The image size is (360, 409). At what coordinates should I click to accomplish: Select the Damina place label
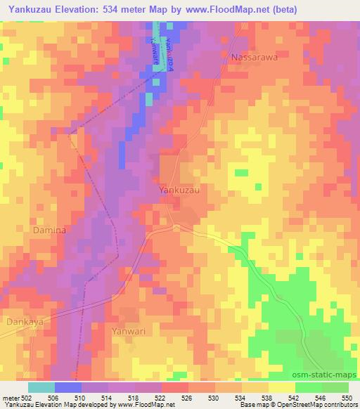(49, 230)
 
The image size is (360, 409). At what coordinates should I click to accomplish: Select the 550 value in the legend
(347, 398)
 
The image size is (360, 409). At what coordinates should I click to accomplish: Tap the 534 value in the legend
(241, 398)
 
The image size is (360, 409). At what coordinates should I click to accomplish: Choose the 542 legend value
(294, 398)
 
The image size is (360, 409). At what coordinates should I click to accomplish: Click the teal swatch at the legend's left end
(41, 387)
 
